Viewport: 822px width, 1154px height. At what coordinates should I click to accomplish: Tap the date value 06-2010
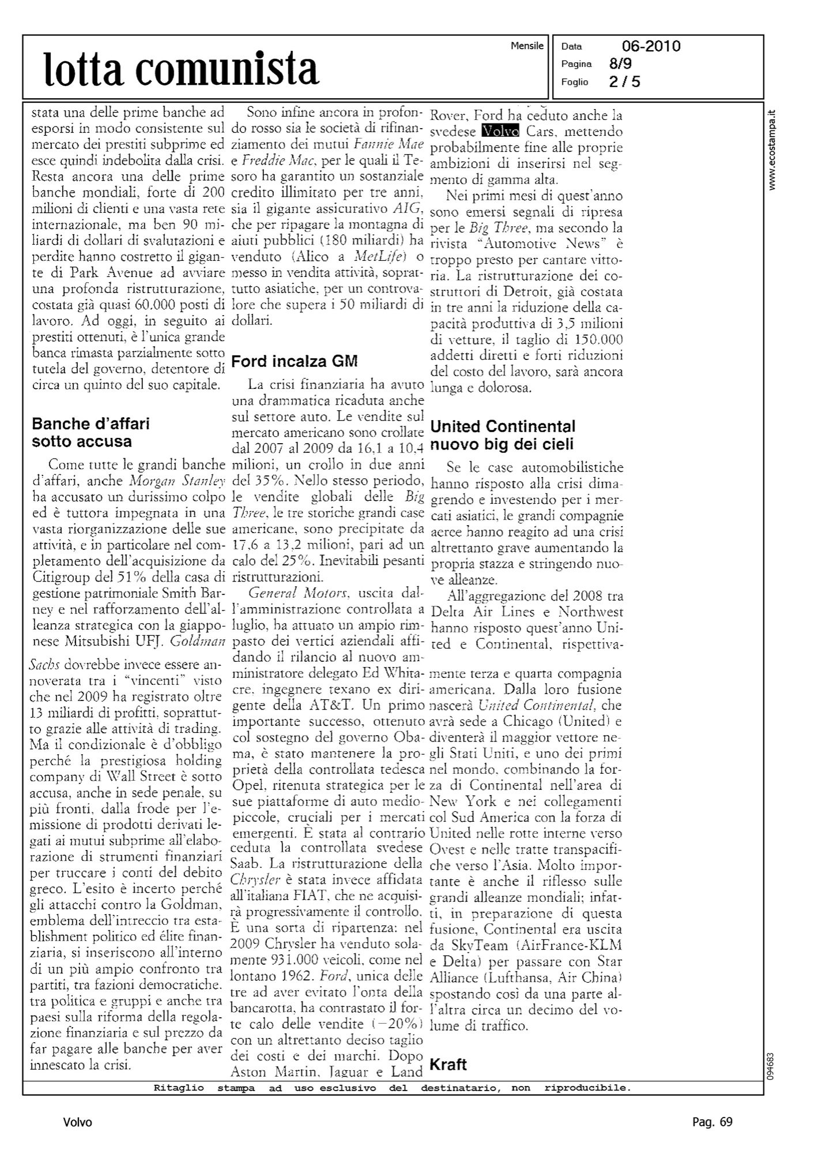point(651,46)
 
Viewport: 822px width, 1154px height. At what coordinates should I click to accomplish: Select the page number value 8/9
point(620,64)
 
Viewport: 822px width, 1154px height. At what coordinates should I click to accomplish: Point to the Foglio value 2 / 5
point(624,82)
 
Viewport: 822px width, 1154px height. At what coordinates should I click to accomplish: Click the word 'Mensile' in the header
point(527,46)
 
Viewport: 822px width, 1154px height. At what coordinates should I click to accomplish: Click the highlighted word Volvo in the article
point(500,132)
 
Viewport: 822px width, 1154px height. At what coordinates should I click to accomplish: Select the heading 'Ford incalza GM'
point(294,362)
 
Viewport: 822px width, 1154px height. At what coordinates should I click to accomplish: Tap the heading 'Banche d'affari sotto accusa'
point(91,433)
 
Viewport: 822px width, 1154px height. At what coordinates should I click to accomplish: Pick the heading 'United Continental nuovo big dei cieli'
point(503,435)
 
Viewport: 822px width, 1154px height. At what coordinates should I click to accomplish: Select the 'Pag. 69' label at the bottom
point(712,1122)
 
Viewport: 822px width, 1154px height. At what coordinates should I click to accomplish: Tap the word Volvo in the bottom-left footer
point(78,1122)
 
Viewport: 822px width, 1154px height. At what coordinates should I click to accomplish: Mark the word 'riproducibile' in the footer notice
point(587,1088)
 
